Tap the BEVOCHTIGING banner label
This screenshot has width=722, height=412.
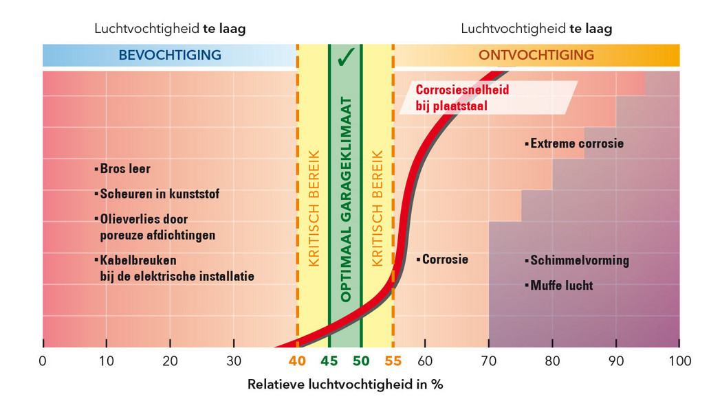click(170, 56)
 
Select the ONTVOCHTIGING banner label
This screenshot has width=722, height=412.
click(536, 56)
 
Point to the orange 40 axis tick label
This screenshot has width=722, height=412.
click(297, 360)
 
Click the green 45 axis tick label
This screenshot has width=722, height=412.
click(329, 360)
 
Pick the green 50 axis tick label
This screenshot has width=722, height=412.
click(361, 360)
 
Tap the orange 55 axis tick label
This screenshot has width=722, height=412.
click(393, 360)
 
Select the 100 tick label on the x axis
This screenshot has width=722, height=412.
click(678, 360)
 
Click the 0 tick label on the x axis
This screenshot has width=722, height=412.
click(43, 360)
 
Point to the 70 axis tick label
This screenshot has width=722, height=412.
click(488, 360)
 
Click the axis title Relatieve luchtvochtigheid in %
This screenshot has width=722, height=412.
click(345, 384)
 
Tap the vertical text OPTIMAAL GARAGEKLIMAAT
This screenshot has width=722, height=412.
click(346, 200)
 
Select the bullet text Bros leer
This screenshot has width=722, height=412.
click(124, 168)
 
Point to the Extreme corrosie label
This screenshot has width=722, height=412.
click(577, 144)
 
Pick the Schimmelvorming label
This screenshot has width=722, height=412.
click(579, 261)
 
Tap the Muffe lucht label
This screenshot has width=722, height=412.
click(561, 285)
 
